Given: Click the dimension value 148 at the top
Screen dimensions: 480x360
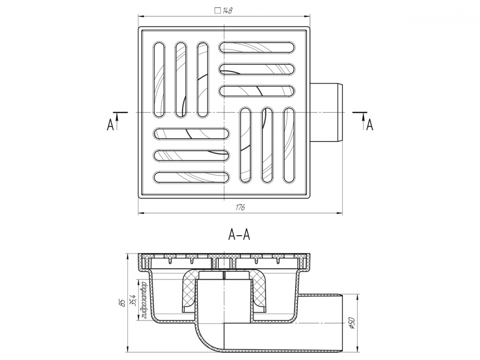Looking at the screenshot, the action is pyautogui.click(x=228, y=11).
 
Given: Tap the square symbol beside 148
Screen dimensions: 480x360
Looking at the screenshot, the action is pyautogui.click(x=217, y=11).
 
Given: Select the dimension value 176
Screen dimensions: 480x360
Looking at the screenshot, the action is pyautogui.click(x=240, y=207).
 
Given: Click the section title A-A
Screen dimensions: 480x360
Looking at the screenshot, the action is pyautogui.click(x=240, y=235).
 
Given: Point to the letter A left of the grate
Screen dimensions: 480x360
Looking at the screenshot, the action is pyautogui.click(x=110, y=125).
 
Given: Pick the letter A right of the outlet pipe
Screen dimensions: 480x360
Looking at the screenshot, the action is pyautogui.click(x=370, y=125).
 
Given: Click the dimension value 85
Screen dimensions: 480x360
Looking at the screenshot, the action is pyautogui.click(x=123, y=303).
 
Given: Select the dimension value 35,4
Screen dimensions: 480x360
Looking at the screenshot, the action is pyautogui.click(x=132, y=300).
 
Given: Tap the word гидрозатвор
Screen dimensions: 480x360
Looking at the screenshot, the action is pyautogui.click(x=144, y=300).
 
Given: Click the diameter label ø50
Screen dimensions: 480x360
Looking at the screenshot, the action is pyautogui.click(x=352, y=323).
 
